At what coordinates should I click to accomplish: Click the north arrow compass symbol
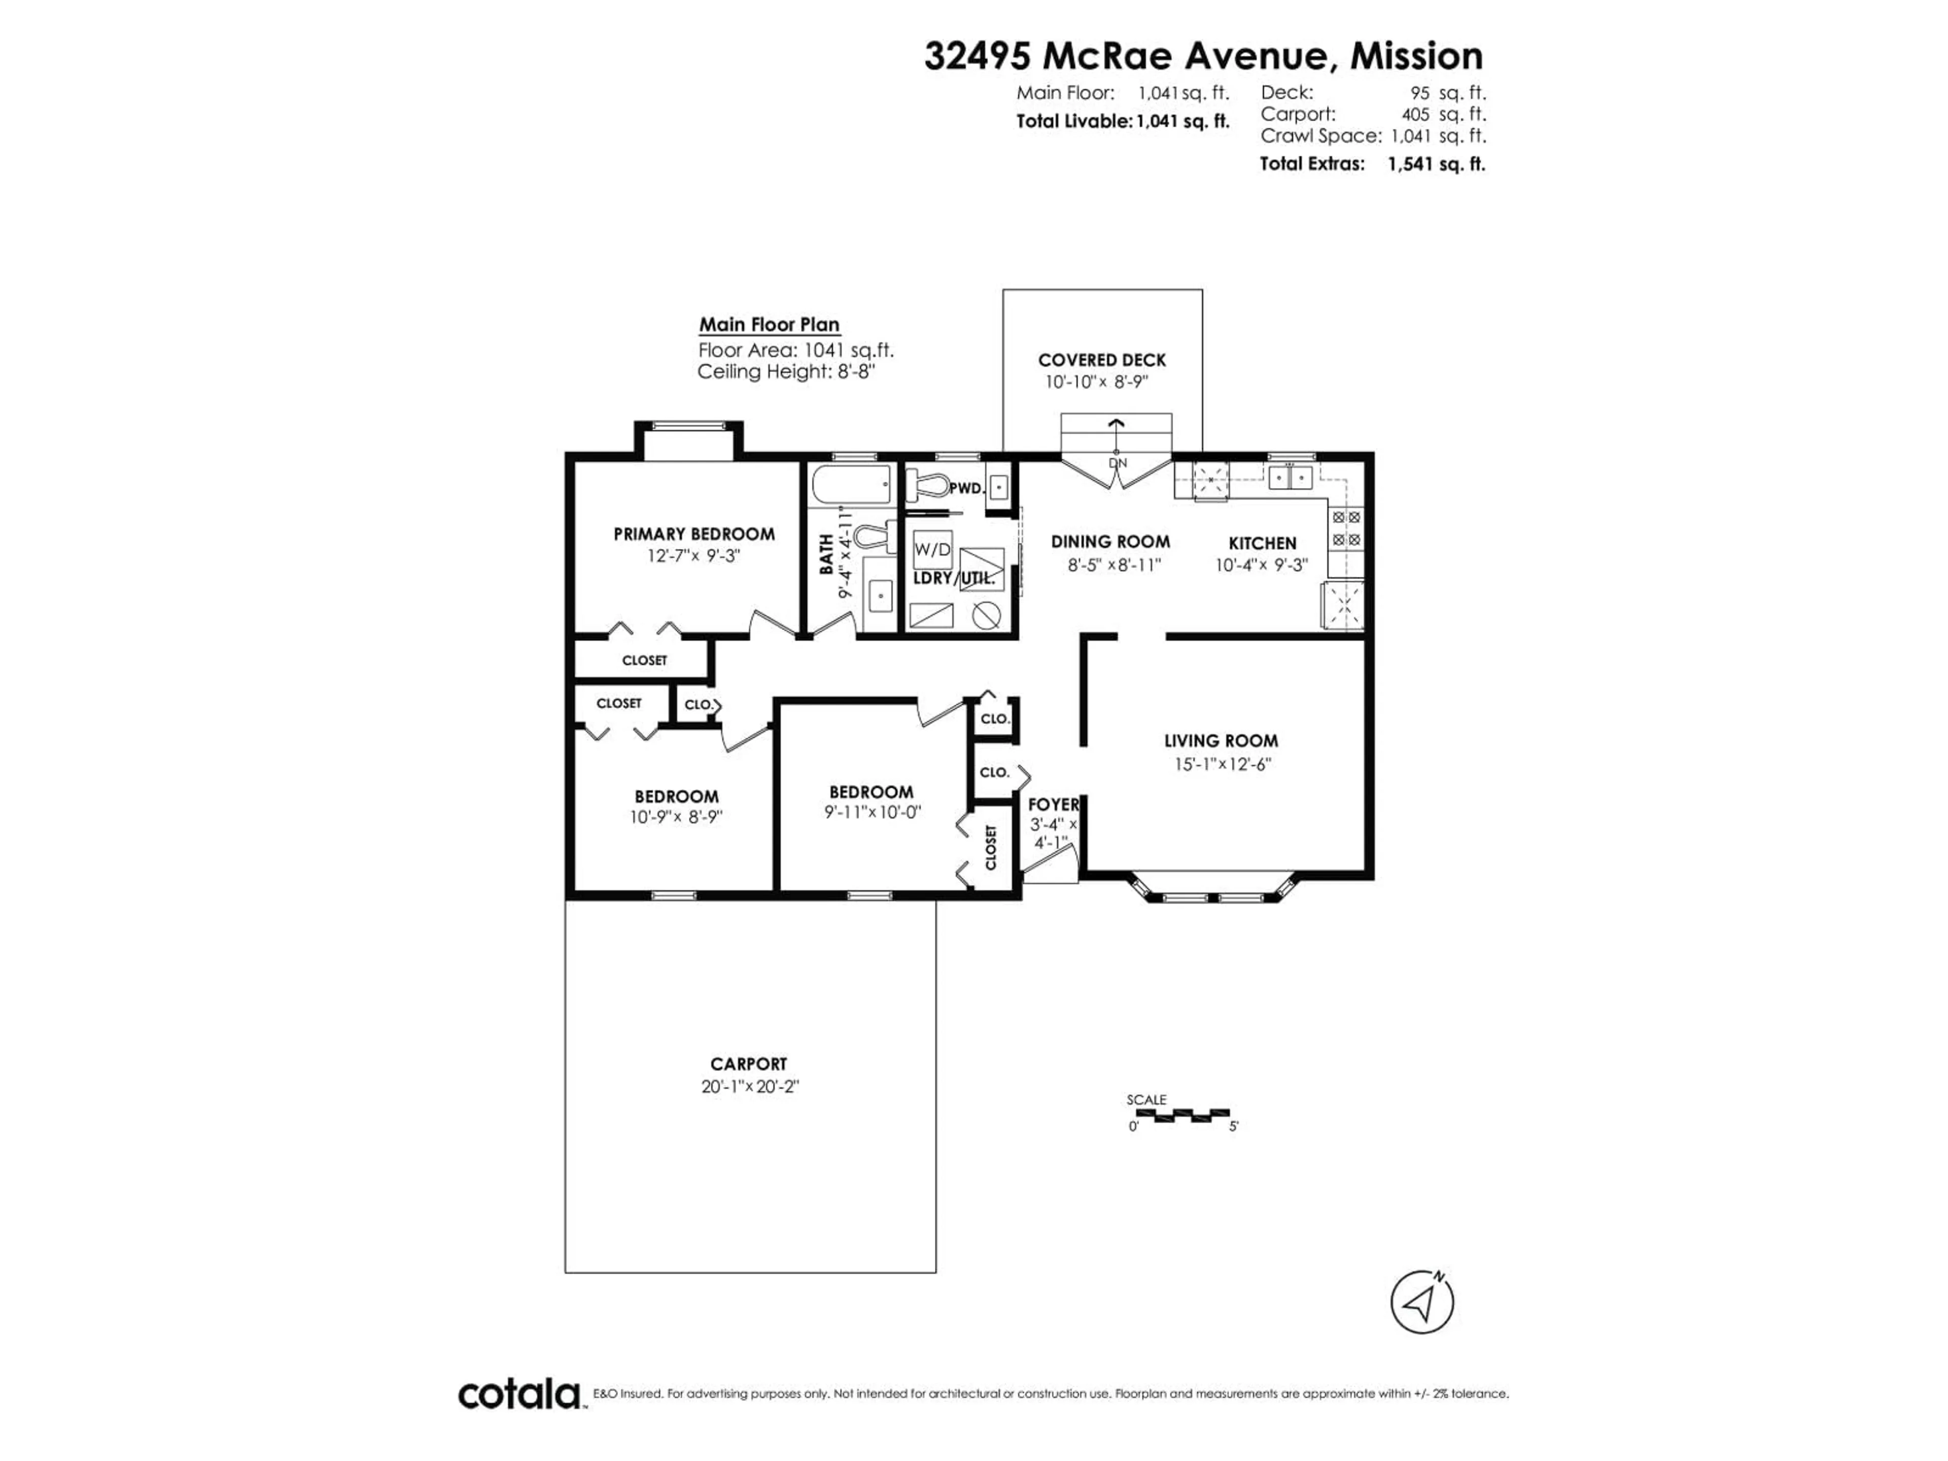tap(1421, 1302)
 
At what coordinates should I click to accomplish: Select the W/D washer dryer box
tap(932, 549)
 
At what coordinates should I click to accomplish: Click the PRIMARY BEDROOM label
tap(694, 534)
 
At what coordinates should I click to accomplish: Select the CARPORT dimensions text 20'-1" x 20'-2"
tap(749, 1087)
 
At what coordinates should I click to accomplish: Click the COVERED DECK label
tap(1102, 360)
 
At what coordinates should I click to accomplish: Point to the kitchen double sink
tap(1290, 477)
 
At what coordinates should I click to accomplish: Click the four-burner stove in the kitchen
tap(1346, 529)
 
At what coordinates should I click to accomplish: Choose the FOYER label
tap(1053, 804)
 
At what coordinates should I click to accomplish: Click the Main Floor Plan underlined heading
tap(769, 325)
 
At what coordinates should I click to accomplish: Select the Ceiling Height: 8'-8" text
tap(786, 372)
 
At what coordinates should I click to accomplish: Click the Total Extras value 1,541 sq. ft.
tap(1436, 164)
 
